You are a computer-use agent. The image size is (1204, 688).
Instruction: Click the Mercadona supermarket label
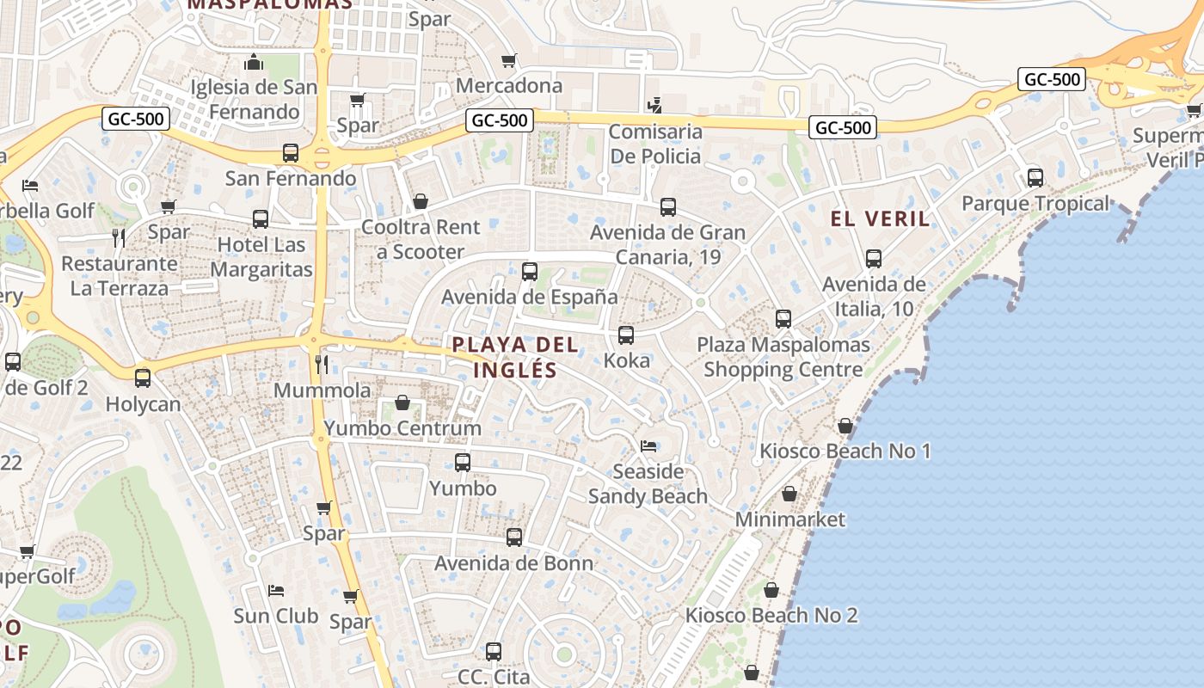[509, 85]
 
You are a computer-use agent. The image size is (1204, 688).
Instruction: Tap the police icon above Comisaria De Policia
[654, 105]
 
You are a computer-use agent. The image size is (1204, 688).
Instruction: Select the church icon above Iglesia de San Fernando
[253, 62]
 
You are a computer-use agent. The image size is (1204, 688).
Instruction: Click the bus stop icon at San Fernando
[291, 153]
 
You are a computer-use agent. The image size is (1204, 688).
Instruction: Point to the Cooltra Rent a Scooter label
[421, 239]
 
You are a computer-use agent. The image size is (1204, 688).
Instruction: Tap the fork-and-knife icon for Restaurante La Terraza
[119, 237]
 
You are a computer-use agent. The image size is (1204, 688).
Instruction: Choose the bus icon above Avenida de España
[530, 272]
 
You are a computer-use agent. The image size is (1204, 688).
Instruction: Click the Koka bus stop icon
[626, 335]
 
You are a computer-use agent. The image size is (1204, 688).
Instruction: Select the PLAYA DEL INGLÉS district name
[515, 357]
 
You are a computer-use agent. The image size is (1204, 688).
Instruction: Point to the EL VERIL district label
[881, 218]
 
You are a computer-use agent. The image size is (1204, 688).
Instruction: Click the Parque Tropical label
[1035, 204]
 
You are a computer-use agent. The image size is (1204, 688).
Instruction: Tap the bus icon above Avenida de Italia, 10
[874, 258]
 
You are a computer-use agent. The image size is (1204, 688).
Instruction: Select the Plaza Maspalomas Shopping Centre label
[783, 357]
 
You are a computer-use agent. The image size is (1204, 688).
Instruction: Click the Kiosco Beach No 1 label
[845, 451]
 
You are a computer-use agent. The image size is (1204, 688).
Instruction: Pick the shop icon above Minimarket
[789, 494]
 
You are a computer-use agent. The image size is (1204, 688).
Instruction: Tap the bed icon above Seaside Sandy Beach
[648, 445]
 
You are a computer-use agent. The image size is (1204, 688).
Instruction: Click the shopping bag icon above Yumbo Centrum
[402, 402]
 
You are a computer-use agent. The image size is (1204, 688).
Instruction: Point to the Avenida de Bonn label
[513, 563]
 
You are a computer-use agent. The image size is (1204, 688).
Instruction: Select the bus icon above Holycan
[143, 378]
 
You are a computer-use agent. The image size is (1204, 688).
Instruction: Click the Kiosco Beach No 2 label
[771, 615]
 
